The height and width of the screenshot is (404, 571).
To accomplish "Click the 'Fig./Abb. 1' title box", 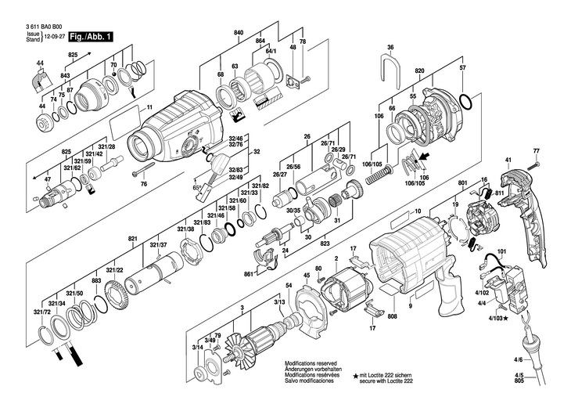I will tap(91, 36).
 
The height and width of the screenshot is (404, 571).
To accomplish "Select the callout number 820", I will tap(419, 71).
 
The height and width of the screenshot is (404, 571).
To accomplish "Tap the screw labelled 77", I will tap(537, 166).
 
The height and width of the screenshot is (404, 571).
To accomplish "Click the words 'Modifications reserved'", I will tap(311, 364).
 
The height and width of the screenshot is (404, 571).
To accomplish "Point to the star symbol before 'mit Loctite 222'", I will tap(355, 377).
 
